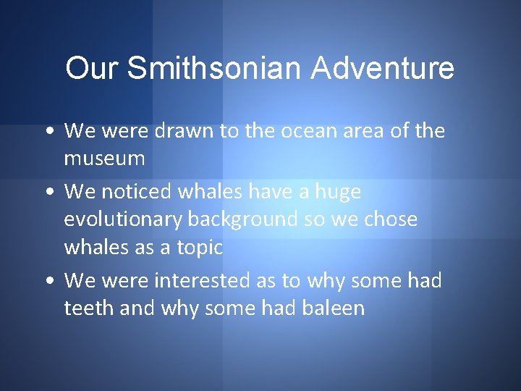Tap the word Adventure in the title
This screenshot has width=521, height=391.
coord(383,69)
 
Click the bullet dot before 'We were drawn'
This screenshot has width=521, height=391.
coord(47,132)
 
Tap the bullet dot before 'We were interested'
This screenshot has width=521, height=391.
coord(47,281)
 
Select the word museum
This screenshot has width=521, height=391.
coord(105,159)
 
